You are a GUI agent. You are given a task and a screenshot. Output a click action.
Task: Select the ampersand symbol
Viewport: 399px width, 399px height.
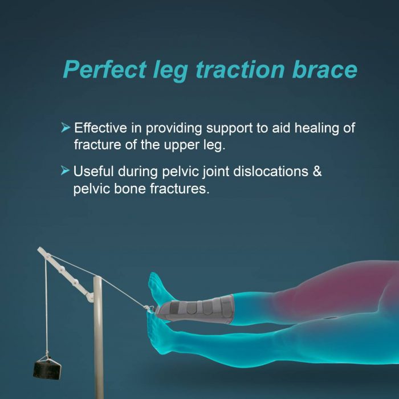317,172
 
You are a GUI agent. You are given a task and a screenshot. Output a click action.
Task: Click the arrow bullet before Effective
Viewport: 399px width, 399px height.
66,128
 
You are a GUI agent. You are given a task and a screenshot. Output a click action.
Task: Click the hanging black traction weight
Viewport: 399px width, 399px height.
47,367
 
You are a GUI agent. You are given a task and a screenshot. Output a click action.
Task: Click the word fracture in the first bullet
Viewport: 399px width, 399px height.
96,145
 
